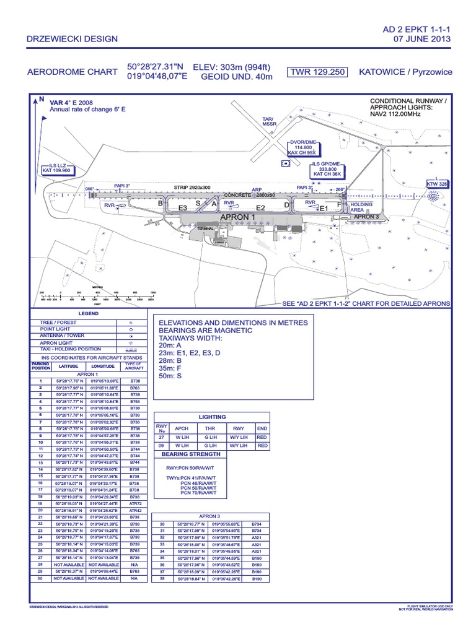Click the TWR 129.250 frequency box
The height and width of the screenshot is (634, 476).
pyautogui.click(x=317, y=72)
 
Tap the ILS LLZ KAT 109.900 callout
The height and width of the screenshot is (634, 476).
pyautogui.click(x=56, y=168)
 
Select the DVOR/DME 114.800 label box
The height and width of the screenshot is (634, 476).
pyautogui.click(x=302, y=147)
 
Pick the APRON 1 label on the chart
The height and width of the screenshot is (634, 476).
pyautogui.click(x=237, y=217)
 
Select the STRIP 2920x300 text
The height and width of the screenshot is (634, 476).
pyautogui.click(x=192, y=187)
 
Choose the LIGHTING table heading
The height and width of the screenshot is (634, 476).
pyautogui.click(x=212, y=417)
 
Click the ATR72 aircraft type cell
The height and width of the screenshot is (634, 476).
pyautogui.click(x=134, y=503)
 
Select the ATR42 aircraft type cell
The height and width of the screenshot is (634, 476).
pyautogui.click(x=134, y=510)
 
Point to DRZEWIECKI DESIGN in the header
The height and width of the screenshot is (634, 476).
pyautogui.click(x=71, y=40)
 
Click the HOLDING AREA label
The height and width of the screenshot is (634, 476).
pyautogui.click(x=361, y=207)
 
